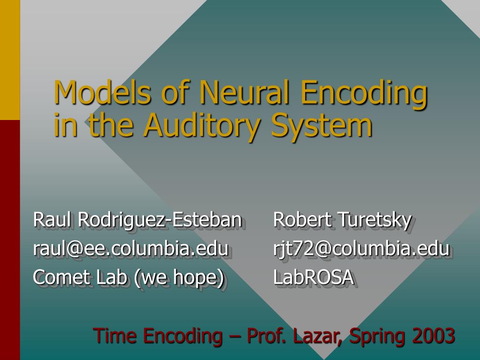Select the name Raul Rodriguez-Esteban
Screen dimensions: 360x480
[x=137, y=219]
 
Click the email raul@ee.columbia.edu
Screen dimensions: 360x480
[x=130, y=248]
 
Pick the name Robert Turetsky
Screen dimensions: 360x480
[x=342, y=219]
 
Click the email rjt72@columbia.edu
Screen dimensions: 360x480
[x=361, y=248]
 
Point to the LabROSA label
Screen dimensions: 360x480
[x=313, y=277]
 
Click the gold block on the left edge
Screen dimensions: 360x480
[x=10, y=60]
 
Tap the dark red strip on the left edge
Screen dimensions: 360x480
[x=10, y=239]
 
